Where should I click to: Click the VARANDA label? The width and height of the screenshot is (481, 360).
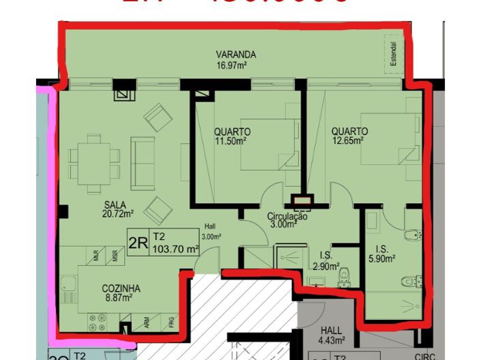pyautogui.click(x=235, y=55)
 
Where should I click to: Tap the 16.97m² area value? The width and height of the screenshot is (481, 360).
pyautogui.click(x=231, y=66)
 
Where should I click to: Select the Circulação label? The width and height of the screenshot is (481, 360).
pyautogui.click(x=287, y=217)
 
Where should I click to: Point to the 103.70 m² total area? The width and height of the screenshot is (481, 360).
pyautogui.click(x=175, y=250)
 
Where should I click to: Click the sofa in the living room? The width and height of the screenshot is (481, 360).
pyautogui.click(x=143, y=157)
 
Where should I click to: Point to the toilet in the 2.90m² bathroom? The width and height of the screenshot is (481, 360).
pyautogui.click(x=344, y=275)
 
